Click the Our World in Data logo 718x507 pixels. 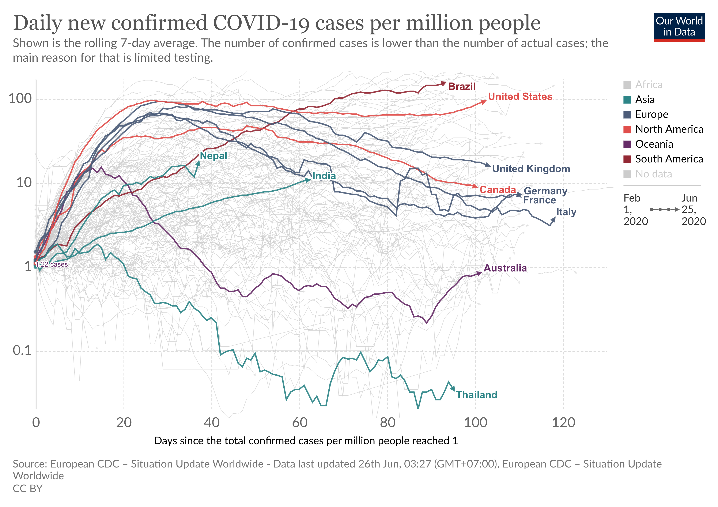pyautogui.click(x=679, y=27)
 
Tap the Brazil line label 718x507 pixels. pyautogui.click(x=462, y=86)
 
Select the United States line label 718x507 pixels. pyautogui.click(x=520, y=97)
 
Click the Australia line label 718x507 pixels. pyautogui.click(x=505, y=268)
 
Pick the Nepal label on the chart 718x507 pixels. pyautogui.click(x=213, y=156)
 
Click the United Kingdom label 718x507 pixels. pyautogui.click(x=531, y=169)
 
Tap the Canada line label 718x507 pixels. pyautogui.click(x=498, y=190)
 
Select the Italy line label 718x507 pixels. pyautogui.click(x=566, y=212)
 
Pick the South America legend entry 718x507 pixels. pyautogui.click(x=669, y=159)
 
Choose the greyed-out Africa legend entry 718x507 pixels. pyautogui.click(x=649, y=85)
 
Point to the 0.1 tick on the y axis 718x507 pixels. pyautogui.click(x=22, y=351)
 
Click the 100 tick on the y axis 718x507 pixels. pyautogui.click(x=20, y=99)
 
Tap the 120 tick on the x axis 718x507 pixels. pyautogui.click(x=563, y=423)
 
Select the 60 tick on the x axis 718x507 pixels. pyautogui.click(x=300, y=423)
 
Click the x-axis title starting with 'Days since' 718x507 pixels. pyautogui.click(x=306, y=441)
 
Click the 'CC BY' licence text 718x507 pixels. pyautogui.click(x=27, y=489)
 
